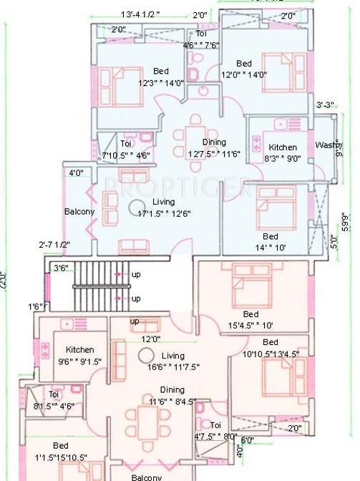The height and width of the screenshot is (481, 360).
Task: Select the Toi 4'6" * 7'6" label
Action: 201,40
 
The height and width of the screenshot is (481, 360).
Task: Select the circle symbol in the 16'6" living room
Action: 146,356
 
